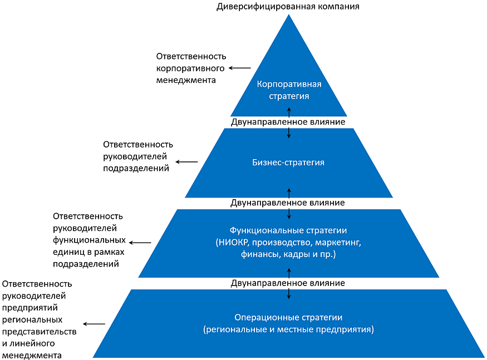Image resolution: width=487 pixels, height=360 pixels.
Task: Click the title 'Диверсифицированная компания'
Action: [x=288, y=7]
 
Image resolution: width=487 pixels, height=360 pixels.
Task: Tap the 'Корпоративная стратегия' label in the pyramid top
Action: [x=289, y=90]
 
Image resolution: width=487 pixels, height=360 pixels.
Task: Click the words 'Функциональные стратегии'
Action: [x=288, y=230]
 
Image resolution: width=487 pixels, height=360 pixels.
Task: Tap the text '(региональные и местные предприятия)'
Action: [x=288, y=329]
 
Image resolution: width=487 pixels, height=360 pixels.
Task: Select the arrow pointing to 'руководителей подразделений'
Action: [x=186, y=162]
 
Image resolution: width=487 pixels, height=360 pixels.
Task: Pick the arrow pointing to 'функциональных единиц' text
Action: [x=140, y=242]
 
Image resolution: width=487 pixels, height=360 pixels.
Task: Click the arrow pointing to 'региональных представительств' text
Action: [x=94, y=323]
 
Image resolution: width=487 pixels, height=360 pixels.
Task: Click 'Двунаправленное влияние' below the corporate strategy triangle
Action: [x=288, y=121]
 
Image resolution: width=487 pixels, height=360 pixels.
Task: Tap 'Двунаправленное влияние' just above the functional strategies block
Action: [x=288, y=203]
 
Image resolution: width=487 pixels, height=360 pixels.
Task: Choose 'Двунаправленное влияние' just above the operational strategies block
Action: [x=288, y=283]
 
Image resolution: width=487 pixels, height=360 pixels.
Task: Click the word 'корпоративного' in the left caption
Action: [x=190, y=68]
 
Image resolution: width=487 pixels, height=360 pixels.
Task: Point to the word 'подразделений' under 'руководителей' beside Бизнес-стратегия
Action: [x=136, y=167]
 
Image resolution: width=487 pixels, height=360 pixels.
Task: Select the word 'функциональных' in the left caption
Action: [x=88, y=240]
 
